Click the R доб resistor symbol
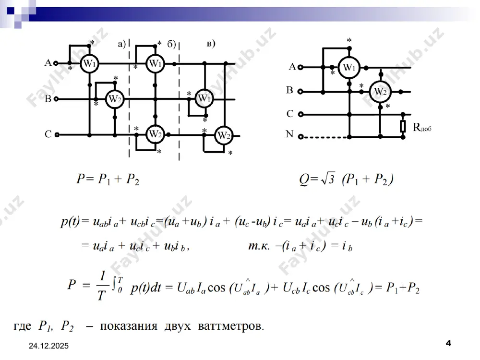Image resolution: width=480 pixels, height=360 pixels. point(403,126)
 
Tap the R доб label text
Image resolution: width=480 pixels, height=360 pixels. point(422,127)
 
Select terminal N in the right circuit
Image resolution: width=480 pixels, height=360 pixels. point(300,137)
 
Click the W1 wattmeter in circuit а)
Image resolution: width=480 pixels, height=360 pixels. point(89,64)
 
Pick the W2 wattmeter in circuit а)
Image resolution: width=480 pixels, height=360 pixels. point(115,99)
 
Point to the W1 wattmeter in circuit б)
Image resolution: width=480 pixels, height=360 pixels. point(155,64)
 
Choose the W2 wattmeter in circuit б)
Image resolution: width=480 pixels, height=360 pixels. point(155,134)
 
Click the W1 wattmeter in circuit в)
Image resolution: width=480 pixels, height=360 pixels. point(204,98)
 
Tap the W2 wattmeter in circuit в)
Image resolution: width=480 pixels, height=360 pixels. point(224,136)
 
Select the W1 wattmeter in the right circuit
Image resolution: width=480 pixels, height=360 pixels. point(349,67)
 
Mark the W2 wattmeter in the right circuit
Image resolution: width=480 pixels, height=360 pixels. point(380,92)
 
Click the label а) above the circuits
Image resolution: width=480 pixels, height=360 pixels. point(122,44)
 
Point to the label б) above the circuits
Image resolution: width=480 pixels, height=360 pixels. point(171,44)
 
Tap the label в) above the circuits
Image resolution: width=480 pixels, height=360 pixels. point(211,44)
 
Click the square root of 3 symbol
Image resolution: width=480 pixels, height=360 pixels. point(328,179)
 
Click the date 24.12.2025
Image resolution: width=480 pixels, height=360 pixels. point(48,346)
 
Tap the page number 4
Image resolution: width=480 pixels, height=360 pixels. point(448,343)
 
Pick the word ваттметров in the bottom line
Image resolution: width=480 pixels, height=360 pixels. point(231,326)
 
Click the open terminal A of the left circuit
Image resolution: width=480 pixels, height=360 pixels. point(56,63)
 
